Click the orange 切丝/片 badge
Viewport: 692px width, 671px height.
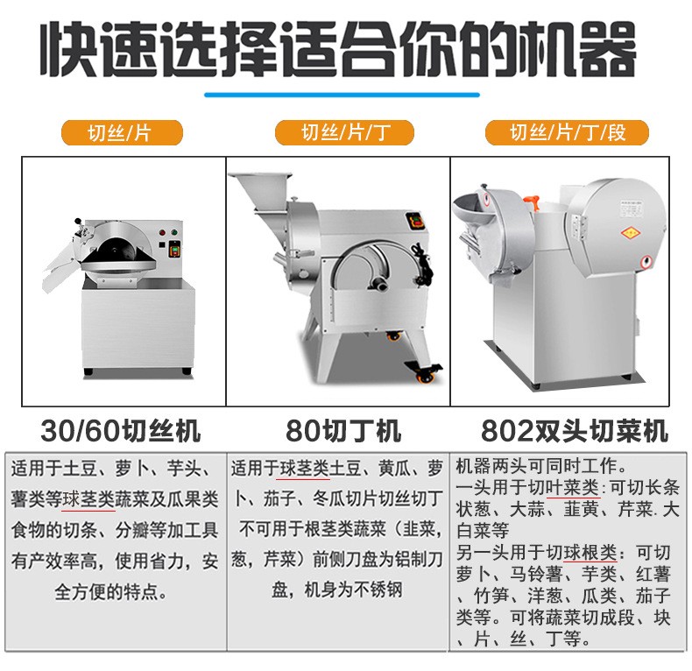pyautogui.click(x=121, y=132)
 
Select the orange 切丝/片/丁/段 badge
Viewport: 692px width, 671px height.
pyautogui.click(x=568, y=132)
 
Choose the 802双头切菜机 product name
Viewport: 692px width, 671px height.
pyautogui.click(x=574, y=431)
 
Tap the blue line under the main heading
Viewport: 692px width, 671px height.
pyautogui.click(x=343, y=93)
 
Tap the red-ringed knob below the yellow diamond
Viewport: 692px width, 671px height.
pyautogui.click(x=647, y=260)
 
